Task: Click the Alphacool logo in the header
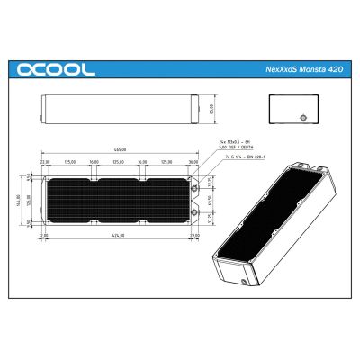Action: pos(55,69)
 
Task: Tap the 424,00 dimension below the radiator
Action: pos(119,234)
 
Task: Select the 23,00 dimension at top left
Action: pos(46,162)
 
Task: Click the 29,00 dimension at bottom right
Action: pos(195,234)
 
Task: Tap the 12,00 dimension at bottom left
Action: pos(43,234)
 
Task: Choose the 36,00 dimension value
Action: pos(93,162)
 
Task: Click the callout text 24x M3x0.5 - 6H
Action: pos(236,142)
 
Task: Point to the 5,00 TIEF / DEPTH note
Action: pos(235,148)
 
